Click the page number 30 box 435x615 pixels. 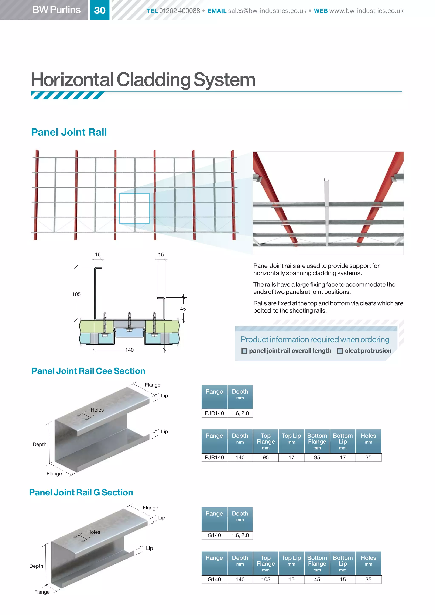coord(100,10)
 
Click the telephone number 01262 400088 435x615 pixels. coord(179,11)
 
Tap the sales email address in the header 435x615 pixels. coord(267,11)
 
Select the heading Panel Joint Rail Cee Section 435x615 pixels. coord(88,371)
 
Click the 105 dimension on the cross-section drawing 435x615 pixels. coord(76,294)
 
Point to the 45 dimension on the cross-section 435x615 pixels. coord(183,309)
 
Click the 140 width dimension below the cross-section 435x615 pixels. coord(129,350)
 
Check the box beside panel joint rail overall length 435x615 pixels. coord(244,351)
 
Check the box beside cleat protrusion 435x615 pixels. coord(340,351)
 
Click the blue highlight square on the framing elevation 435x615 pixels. coord(134,208)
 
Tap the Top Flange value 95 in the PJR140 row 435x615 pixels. coord(266,457)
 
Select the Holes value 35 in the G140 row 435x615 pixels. coord(368,579)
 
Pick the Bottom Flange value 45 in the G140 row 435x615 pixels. coord(317,579)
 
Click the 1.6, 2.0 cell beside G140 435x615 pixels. coord(240,535)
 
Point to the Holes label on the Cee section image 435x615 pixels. coord(97,410)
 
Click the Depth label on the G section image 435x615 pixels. coord(36,566)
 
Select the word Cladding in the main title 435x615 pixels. coord(154,80)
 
